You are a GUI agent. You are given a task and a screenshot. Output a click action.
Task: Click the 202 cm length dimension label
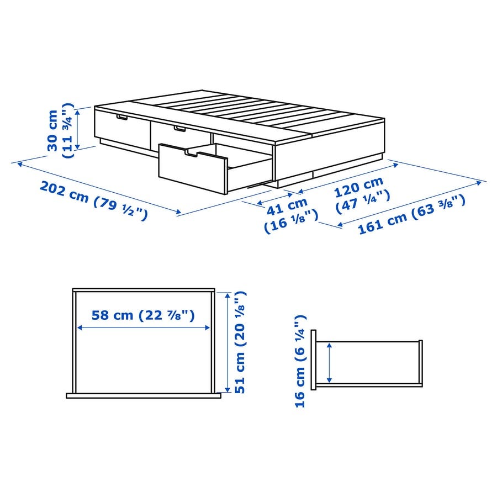94,200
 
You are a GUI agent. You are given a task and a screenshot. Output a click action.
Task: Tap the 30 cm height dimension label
60,130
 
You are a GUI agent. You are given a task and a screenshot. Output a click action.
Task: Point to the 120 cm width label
362,194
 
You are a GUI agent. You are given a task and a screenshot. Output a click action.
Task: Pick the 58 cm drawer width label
143,315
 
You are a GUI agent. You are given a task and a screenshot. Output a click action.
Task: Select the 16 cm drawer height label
300,361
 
